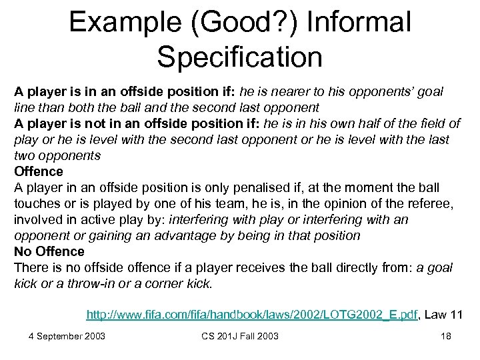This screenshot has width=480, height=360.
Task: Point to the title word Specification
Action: coord(240,56)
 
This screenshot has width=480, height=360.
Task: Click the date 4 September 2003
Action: coord(67,336)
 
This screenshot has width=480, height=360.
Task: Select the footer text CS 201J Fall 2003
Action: coord(240,336)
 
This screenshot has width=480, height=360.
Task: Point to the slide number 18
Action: coord(446,336)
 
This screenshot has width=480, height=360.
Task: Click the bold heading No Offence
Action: coord(49,251)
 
